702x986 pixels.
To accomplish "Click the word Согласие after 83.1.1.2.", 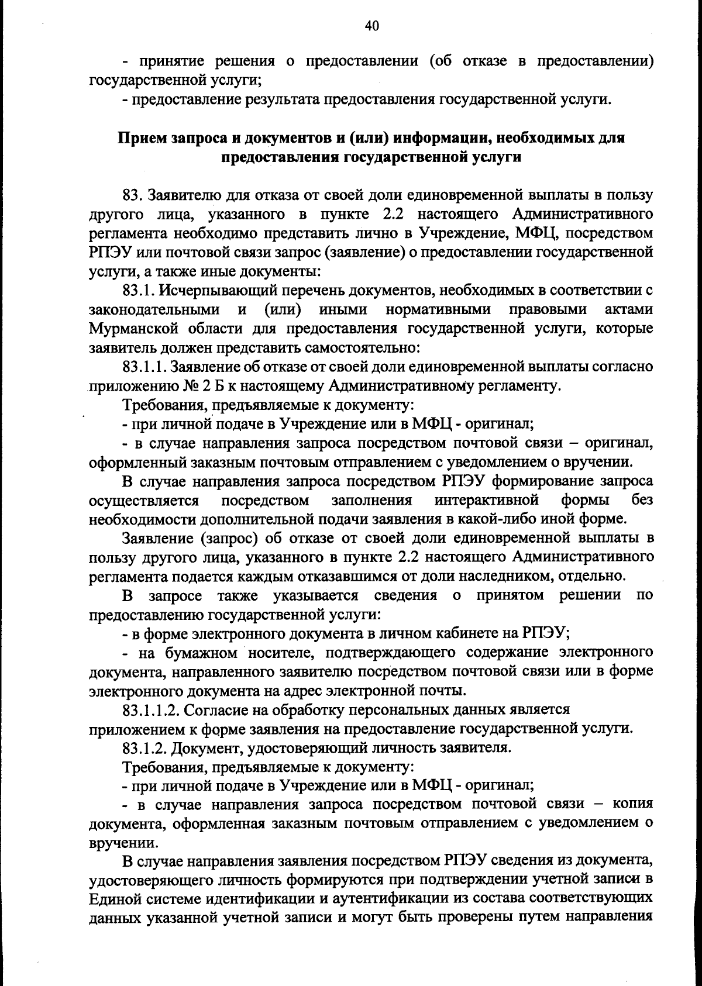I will coord(216,710).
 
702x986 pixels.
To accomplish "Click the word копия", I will coord(632,804).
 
